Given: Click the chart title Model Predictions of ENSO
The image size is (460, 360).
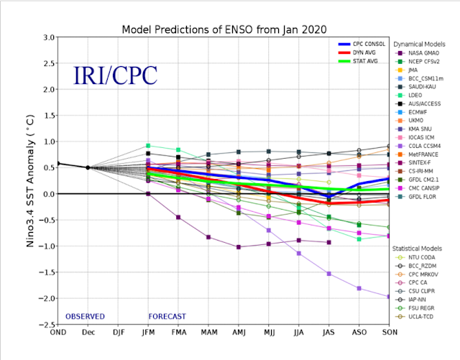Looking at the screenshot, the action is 224,29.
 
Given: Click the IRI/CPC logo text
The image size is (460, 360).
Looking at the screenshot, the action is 115,75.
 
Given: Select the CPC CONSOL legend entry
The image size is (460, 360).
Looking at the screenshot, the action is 362,44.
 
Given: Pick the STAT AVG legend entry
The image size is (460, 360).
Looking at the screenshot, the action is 358,61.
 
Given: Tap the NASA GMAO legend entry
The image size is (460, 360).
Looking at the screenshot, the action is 417,53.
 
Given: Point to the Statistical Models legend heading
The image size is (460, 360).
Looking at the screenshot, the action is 417,249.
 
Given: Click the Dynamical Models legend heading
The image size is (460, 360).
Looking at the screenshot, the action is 419,45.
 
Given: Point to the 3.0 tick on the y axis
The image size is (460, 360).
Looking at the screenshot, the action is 49,37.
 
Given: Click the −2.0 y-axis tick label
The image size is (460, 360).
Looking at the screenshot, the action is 46,298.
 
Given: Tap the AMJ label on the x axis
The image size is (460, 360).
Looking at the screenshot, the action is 239,332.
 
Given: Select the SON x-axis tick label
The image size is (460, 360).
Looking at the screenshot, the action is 390,332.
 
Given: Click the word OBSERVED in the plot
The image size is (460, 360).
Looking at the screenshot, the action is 85,317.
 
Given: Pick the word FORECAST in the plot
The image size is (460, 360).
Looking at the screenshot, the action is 167,317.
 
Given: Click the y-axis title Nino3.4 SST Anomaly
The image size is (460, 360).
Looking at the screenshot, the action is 30,181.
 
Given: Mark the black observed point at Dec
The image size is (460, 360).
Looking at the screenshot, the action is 88,167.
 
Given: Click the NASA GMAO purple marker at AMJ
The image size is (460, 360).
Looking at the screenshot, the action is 239,247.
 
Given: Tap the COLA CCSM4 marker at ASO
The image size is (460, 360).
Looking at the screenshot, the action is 359,288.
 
